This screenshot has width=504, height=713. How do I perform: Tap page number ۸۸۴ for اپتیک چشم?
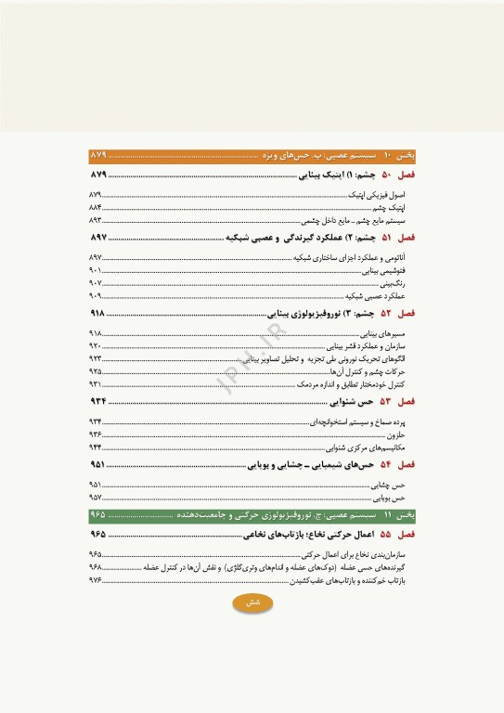(95, 209)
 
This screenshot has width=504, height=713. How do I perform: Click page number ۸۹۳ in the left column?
(95, 222)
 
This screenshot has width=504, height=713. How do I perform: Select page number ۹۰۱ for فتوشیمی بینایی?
(95, 270)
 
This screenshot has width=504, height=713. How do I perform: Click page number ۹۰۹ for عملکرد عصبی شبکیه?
(95, 295)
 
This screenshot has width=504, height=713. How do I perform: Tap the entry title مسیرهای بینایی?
(390, 332)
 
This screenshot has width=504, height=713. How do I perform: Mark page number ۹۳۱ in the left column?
(95, 383)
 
